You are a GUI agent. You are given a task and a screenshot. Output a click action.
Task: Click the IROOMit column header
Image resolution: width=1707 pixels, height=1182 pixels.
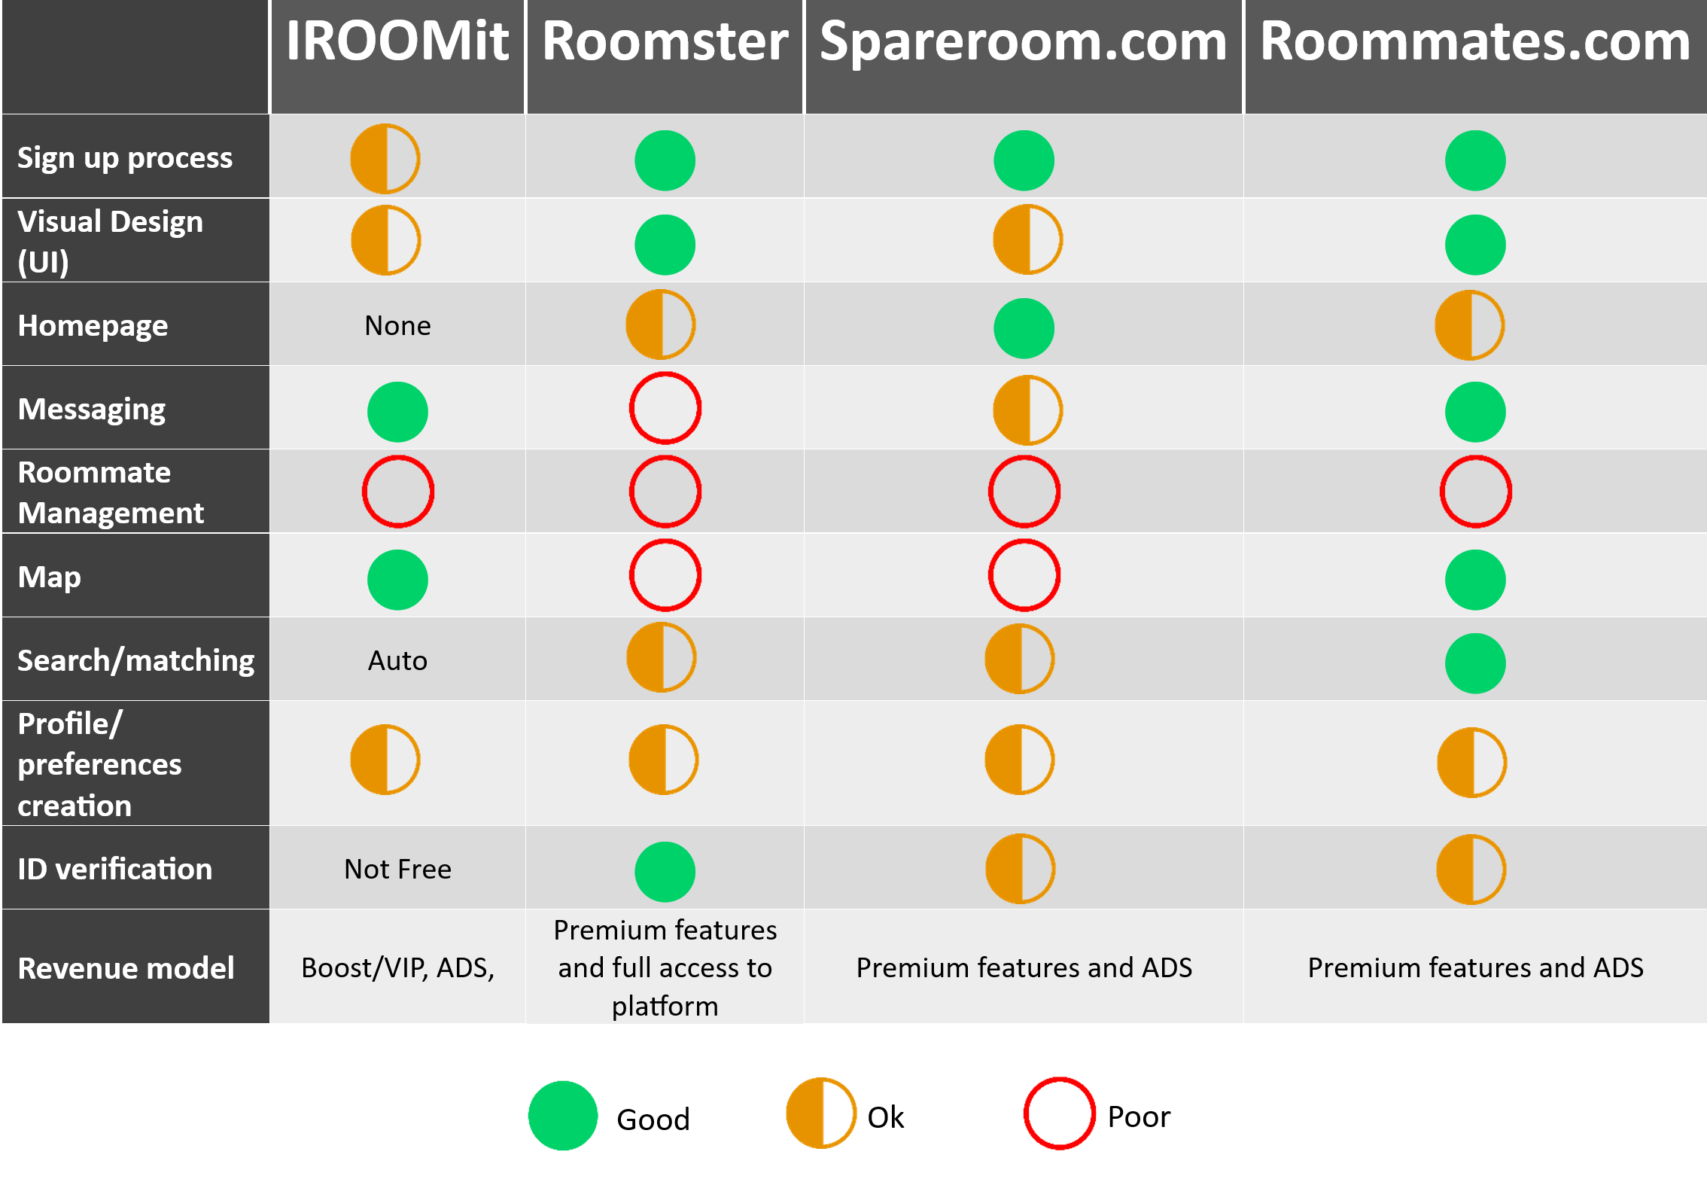[x=397, y=41]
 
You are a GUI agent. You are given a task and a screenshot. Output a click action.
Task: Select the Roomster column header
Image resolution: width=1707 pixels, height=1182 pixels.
[x=665, y=41]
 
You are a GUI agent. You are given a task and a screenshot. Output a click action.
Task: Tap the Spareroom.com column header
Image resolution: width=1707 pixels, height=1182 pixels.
[x=1024, y=42]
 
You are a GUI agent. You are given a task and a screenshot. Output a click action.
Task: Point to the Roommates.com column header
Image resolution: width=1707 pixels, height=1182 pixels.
[x=1475, y=41]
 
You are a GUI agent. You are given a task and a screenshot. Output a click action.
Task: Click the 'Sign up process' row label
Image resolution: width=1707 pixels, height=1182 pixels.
[x=125, y=158]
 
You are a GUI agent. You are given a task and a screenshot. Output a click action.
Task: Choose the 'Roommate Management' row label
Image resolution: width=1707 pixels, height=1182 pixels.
[x=111, y=492]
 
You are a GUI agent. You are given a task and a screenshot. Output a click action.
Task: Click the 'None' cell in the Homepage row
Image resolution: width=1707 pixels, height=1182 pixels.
[x=397, y=325]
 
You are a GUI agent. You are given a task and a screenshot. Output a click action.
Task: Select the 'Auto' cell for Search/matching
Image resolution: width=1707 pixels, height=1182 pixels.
[x=397, y=660]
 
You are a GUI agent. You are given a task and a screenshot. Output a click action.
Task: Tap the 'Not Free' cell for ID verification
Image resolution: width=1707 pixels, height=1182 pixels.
[x=397, y=869]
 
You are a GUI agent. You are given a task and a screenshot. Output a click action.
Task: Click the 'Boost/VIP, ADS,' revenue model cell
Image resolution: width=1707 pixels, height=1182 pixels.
[x=397, y=967]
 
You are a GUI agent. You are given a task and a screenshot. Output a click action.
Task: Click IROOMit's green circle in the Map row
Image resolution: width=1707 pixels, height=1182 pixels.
[x=397, y=580]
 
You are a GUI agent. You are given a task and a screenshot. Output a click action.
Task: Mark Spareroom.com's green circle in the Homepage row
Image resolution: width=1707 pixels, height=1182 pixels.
[x=1024, y=328]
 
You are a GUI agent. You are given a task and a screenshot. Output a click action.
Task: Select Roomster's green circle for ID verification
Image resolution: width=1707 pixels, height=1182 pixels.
[x=665, y=872]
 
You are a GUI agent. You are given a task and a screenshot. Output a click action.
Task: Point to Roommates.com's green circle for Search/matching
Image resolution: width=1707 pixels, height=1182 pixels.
[x=1475, y=663]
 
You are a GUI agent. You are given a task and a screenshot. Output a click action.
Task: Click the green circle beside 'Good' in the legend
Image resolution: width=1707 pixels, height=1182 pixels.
[x=563, y=1116]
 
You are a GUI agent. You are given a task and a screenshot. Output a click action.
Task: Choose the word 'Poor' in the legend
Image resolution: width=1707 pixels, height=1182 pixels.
[x=1139, y=1117]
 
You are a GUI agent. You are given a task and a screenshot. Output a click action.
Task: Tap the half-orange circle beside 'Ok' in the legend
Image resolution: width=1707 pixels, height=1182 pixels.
[x=804, y=1113]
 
